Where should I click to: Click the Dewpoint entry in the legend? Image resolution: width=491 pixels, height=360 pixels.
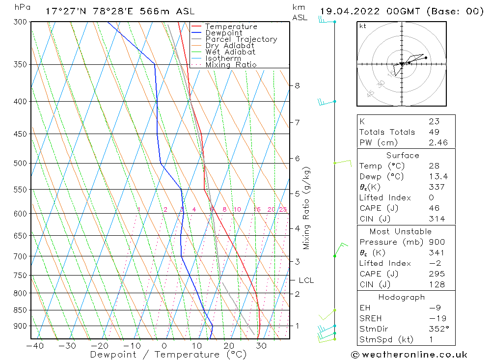tap(223, 33)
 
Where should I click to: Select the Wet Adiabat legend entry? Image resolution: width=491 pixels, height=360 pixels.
tap(230, 52)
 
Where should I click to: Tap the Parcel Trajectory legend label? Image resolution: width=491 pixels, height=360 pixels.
tap(241, 39)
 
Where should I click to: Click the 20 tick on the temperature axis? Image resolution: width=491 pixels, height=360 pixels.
tap(229, 346)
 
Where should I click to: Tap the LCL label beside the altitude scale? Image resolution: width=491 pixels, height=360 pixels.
tap(306, 280)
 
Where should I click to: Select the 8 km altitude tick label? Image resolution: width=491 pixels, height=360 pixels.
tap(297, 85)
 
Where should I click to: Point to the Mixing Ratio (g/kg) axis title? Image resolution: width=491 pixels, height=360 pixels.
tap(307, 208)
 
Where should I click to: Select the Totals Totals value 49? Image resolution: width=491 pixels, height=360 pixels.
tap(434, 132)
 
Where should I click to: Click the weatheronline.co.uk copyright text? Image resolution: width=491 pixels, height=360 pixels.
tap(409, 354)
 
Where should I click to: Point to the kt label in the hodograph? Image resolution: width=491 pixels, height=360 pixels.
tap(363, 26)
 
